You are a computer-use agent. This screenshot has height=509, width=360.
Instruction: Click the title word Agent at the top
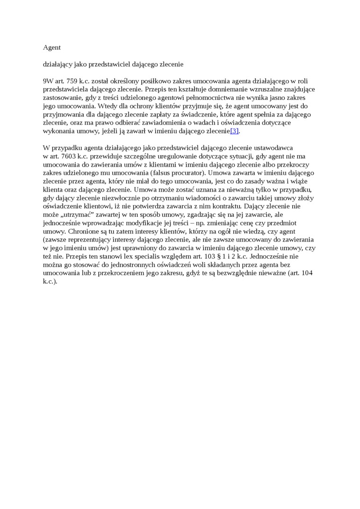point(52,47)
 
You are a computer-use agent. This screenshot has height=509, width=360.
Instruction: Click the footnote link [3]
point(234,131)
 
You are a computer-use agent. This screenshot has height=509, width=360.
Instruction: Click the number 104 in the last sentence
point(306,273)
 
